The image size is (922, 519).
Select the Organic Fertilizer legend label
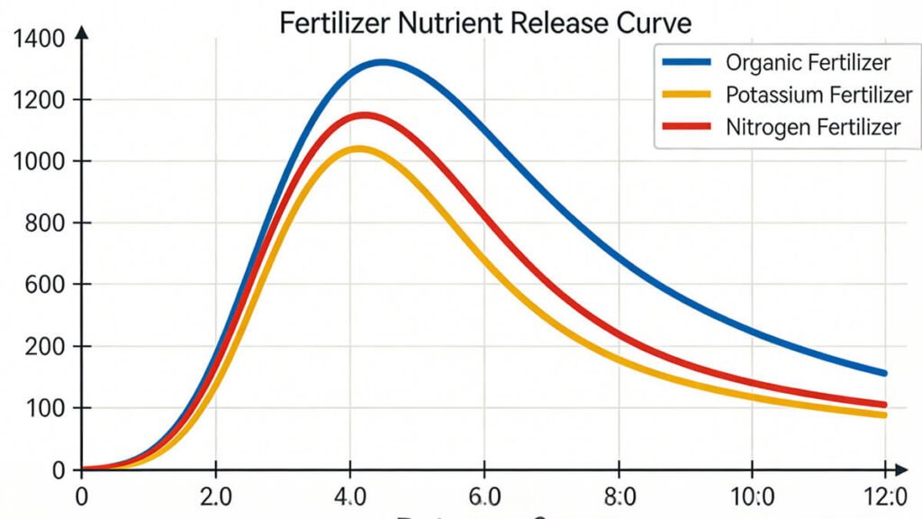pos(808,62)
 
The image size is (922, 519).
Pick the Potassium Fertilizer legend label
pos(818,95)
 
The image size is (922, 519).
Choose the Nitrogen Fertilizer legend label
pos(812,127)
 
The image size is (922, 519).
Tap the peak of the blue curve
pos(384,62)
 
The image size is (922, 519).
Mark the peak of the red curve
pos(365,115)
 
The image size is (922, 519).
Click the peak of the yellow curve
pos(359,149)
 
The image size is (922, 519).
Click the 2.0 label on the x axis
pos(215,496)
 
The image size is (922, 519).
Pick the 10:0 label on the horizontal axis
pos(752,496)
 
